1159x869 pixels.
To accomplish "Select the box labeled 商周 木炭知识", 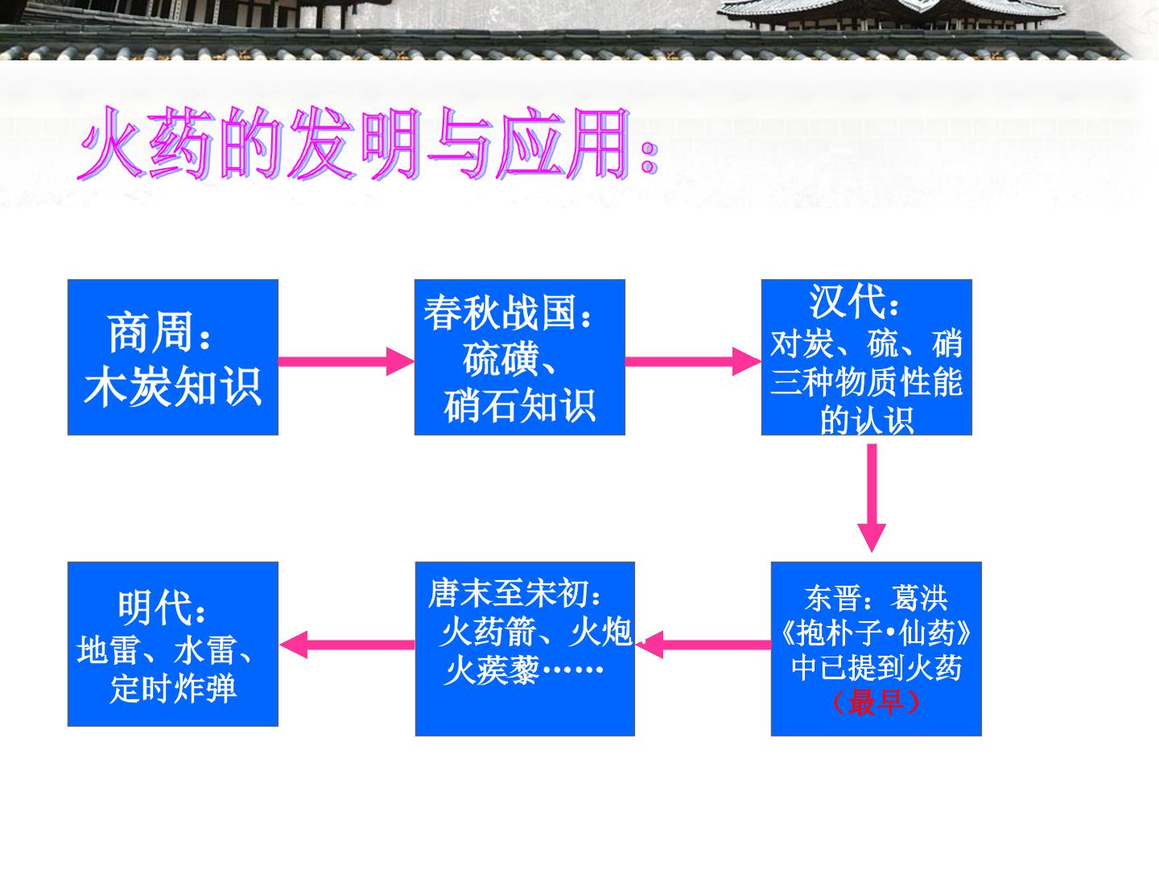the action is [173, 357].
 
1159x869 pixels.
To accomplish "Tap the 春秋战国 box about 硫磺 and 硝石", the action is [520, 357].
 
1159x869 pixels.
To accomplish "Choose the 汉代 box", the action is [867, 357].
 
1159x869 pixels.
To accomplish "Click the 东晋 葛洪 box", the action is [876, 649].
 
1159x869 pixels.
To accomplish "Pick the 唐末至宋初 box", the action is [525, 649].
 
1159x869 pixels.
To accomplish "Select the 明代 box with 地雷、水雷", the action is [173, 644].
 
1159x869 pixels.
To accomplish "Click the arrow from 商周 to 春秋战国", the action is [346, 361].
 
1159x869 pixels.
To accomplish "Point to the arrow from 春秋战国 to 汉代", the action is [693, 361].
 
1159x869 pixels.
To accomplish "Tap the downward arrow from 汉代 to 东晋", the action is [872, 497].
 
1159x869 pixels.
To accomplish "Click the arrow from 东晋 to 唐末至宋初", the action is [703, 645].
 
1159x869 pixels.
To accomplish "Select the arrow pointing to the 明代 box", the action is [347, 645].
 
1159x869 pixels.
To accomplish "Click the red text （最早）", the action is [876, 702].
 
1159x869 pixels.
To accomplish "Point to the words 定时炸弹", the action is [173, 688].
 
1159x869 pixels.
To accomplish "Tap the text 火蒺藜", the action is [491, 670].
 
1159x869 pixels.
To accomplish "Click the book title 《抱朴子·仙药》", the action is [876, 632].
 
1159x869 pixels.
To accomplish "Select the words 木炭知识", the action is [172, 387].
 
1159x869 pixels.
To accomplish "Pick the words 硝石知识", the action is [520, 406].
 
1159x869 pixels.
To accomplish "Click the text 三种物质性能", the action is [866, 381].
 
